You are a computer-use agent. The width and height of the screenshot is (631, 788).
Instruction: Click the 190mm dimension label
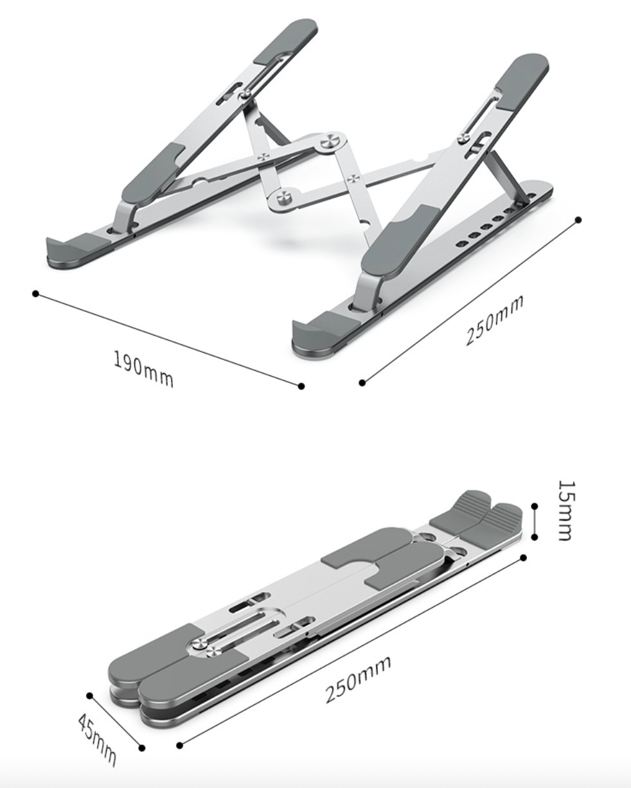coord(143,369)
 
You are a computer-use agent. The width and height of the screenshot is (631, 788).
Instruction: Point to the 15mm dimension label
coord(567,510)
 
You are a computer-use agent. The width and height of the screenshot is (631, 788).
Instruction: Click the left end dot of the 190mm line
coord(35,294)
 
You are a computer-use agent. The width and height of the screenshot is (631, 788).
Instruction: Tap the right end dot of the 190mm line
coord(301,386)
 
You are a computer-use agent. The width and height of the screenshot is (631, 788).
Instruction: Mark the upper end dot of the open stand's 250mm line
coord(578,220)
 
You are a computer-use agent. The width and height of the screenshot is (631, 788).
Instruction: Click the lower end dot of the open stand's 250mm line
coord(362,383)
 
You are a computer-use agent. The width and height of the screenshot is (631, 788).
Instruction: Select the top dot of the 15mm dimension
coord(535,506)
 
